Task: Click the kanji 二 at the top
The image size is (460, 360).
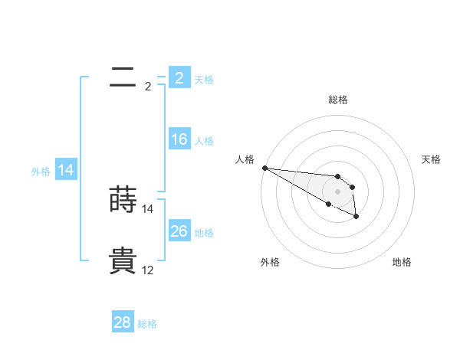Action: [x=123, y=77]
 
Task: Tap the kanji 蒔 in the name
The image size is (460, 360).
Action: [x=123, y=199]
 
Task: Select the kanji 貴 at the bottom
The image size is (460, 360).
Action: [x=123, y=260]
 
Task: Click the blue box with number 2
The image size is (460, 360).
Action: [x=179, y=77]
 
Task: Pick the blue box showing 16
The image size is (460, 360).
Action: [x=179, y=139]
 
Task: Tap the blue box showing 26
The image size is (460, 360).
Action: [x=179, y=231]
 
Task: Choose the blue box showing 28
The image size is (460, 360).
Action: [x=122, y=322]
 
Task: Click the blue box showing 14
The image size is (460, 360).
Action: [x=66, y=170]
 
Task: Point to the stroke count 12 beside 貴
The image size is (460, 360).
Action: [x=147, y=270]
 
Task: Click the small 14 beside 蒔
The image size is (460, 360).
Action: [x=147, y=209]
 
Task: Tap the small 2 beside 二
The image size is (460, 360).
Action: [x=147, y=87]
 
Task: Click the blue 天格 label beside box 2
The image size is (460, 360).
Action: [x=204, y=79]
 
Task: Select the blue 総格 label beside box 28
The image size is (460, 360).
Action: [x=147, y=324]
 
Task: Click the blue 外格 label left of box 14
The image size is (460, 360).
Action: [x=41, y=172]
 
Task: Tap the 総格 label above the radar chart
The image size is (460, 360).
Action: [x=338, y=100]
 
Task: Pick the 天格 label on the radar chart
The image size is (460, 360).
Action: [x=432, y=159]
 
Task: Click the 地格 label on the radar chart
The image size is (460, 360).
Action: [x=402, y=262]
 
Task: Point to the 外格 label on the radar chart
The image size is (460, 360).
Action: [x=270, y=262]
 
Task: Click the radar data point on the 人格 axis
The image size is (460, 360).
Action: [x=264, y=168]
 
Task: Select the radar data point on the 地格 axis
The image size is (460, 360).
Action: [x=356, y=217]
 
